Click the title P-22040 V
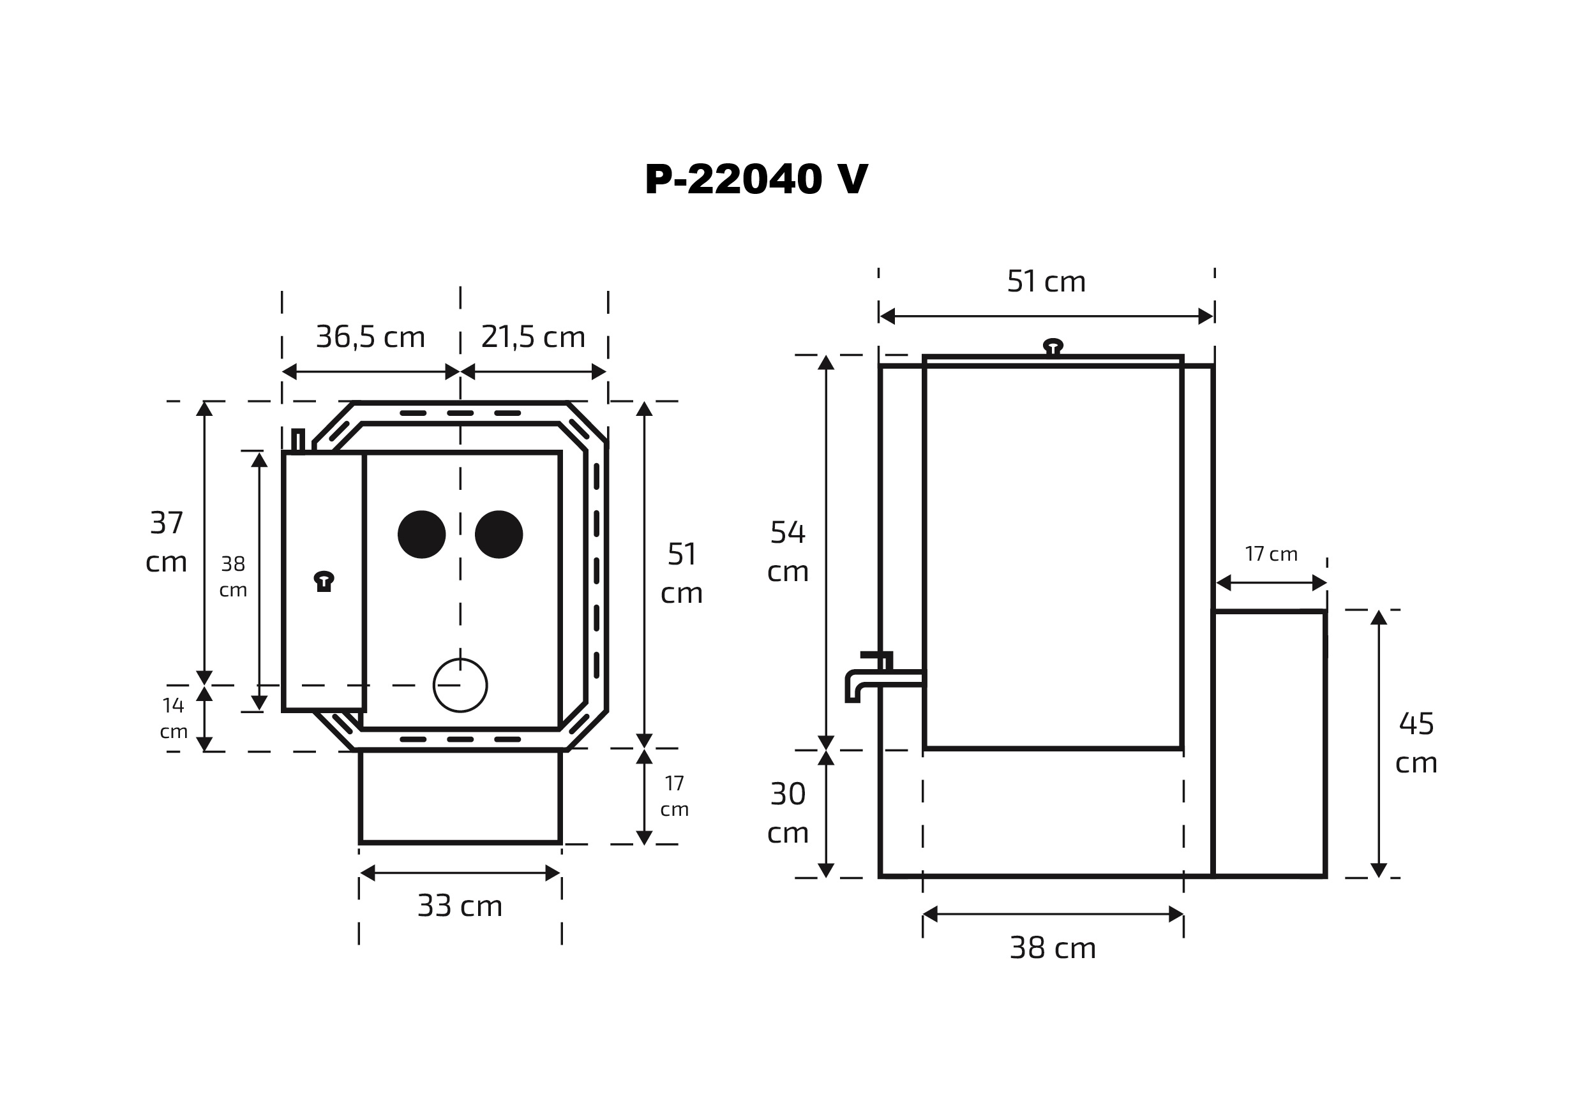pyautogui.click(x=756, y=179)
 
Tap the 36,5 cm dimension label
pyautogui.click(x=370, y=337)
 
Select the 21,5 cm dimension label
pyautogui.click(x=533, y=337)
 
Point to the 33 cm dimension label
pyautogui.click(x=460, y=906)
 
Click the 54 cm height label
pyautogui.click(x=788, y=551)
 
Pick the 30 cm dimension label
pyautogui.click(x=788, y=813)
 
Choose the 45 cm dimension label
pyautogui.click(x=1416, y=743)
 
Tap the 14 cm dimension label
pyautogui.click(x=174, y=718)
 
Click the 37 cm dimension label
pyautogui.click(x=166, y=542)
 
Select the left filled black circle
pyautogui.click(x=421, y=534)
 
